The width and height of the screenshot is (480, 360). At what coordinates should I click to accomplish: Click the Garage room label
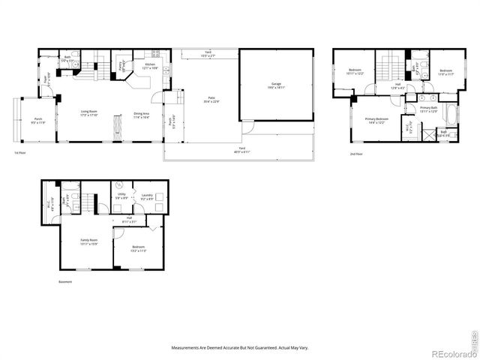[274, 87]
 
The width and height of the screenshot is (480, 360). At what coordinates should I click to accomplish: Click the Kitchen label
[149, 65]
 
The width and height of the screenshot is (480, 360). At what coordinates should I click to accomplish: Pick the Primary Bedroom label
[376, 120]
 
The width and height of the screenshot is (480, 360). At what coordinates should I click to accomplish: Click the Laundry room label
[148, 196]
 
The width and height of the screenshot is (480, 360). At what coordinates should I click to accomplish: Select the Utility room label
[122, 196]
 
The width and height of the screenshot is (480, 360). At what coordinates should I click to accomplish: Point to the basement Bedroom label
[138, 249]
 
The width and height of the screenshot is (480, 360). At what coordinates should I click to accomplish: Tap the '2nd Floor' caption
[356, 154]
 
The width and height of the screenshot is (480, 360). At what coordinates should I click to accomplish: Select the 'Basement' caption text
[66, 282]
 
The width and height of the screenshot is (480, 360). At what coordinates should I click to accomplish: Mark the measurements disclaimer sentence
[240, 347]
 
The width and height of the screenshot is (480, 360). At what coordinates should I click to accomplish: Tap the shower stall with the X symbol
[427, 135]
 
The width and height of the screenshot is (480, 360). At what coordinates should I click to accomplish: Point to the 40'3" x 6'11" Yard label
[241, 149]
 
